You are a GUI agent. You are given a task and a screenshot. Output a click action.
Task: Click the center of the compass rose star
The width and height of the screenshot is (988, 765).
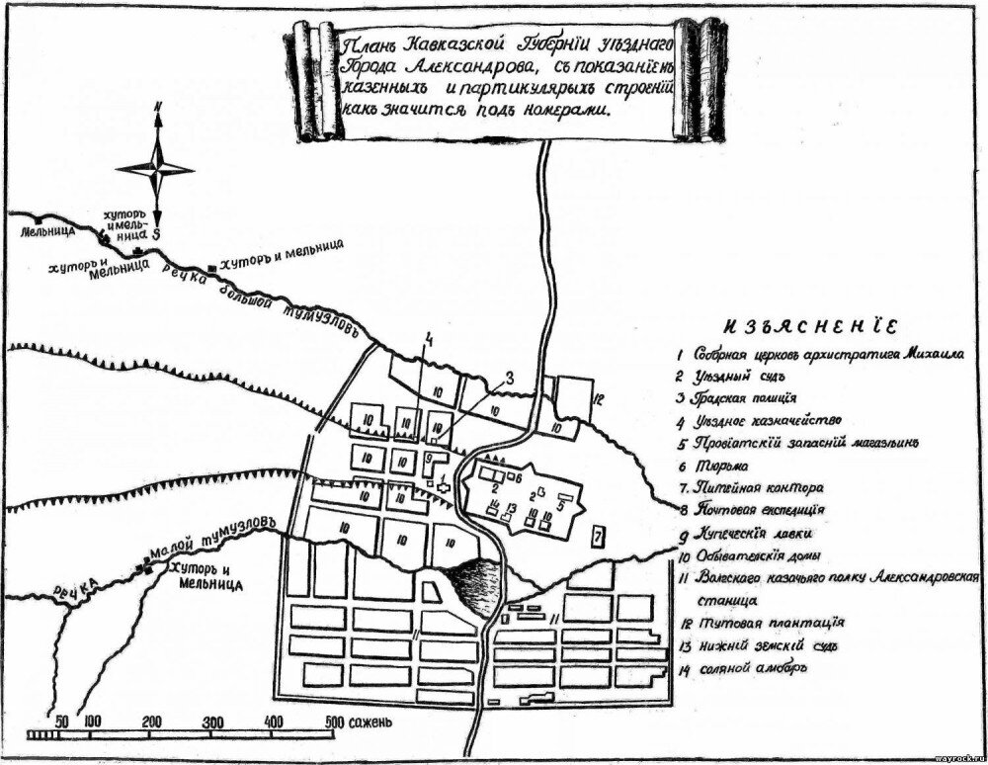click(157, 168)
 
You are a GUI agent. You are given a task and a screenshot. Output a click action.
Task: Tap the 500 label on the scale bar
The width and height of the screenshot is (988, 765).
click(334, 720)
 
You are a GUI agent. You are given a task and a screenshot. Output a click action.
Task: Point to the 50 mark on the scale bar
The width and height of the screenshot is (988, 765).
click(61, 720)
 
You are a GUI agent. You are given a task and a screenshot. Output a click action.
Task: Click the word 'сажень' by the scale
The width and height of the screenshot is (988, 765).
click(373, 720)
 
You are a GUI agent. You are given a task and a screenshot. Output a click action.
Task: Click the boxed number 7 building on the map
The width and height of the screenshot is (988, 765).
click(598, 538)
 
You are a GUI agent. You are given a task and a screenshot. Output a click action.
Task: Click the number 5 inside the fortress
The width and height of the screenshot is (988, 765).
click(559, 503)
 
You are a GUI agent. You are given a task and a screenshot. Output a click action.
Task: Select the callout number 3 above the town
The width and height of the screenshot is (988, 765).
click(510, 375)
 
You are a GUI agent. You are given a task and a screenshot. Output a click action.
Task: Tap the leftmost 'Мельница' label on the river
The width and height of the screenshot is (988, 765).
click(49, 233)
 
